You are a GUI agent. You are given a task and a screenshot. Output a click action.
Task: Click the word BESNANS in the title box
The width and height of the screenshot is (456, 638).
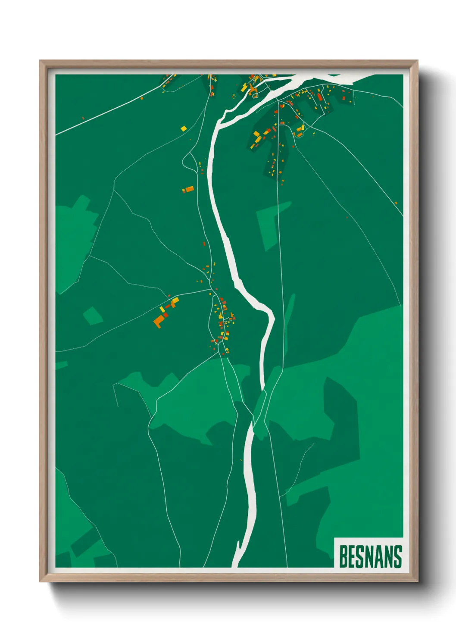tap(370, 557)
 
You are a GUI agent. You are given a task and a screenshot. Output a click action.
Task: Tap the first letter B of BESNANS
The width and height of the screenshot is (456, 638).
tap(344, 557)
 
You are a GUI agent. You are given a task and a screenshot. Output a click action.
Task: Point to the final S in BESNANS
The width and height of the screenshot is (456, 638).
tap(397, 557)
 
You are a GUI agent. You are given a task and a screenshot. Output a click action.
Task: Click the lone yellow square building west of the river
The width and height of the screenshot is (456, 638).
tap(184, 128)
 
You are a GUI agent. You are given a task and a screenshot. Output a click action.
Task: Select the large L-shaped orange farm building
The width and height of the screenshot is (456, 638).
tap(159, 321)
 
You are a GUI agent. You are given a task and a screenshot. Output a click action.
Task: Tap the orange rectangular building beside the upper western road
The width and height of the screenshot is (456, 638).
tap(188, 189)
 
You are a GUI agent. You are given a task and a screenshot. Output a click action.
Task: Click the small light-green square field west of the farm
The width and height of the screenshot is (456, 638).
tap(93, 316)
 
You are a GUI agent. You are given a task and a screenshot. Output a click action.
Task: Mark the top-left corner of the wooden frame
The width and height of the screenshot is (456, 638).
tap(40, 61)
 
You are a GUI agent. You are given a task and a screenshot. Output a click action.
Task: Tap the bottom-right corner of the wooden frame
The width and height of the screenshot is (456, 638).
tap(417, 581)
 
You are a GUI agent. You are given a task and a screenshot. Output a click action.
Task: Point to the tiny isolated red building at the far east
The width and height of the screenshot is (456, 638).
tap(396, 203)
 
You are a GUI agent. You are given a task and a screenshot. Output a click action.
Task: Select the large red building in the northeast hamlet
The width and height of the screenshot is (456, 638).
tap(320, 97)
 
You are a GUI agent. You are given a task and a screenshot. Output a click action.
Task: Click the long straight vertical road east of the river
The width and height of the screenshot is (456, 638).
tap(280, 259)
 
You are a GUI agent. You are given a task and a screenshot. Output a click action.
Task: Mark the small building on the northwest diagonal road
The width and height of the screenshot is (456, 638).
tap(142, 98)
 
